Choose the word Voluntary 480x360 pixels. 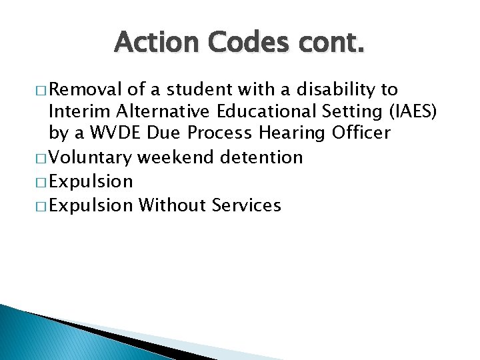click(x=90, y=157)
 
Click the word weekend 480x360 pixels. click(x=174, y=157)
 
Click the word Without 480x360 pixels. click(x=171, y=205)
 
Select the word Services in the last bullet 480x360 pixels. click(x=246, y=205)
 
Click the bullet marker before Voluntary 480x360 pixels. click(x=38, y=158)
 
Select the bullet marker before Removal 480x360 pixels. click(x=38, y=91)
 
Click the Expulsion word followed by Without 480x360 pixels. click(x=91, y=205)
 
